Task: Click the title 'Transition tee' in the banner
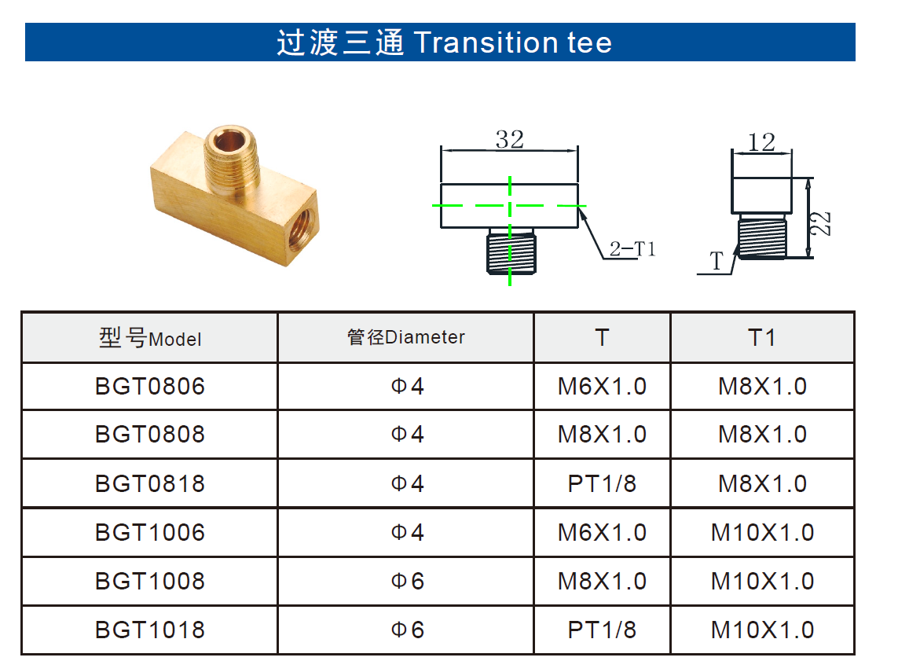[x=513, y=42]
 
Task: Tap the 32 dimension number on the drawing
[x=510, y=139]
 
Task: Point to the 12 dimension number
[x=761, y=142]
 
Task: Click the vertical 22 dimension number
[x=821, y=224]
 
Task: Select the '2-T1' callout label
[x=632, y=248]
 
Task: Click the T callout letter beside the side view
[x=717, y=261]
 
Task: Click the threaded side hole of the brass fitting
[x=302, y=226]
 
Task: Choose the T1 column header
[x=762, y=337]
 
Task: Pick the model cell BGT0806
[x=150, y=386]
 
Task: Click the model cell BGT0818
[x=150, y=483]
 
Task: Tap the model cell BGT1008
[x=150, y=581]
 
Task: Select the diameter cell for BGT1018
[x=408, y=630]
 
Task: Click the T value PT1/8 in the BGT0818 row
[x=602, y=483]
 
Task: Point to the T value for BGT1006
[x=602, y=532]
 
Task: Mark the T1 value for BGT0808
[x=762, y=435]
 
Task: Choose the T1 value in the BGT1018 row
[x=762, y=630]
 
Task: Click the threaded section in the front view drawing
[x=510, y=251]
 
